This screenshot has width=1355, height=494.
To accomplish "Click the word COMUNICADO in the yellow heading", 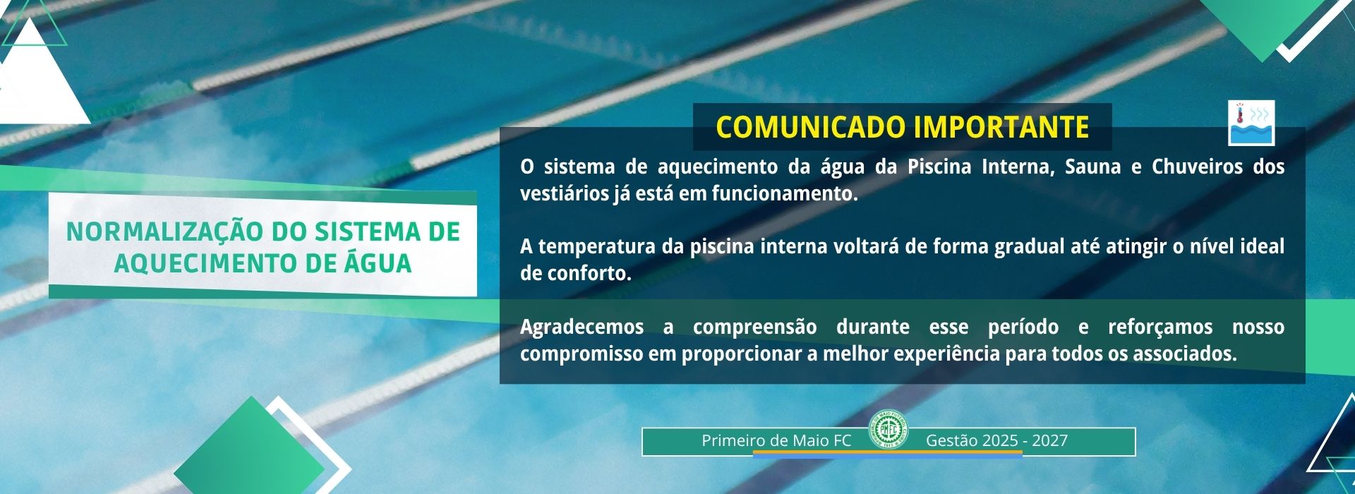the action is pyautogui.click(x=810, y=128).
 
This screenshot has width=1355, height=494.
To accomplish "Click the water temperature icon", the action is pyautogui.click(x=1251, y=123).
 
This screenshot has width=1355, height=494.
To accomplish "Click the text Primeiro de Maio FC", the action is pyautogui.click(x=776, y=441).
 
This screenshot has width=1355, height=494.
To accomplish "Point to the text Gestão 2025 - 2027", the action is pyautogui.click(x=996, y=441).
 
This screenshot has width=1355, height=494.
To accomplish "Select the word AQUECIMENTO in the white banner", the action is pyautogui.click(x=197, y=264).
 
